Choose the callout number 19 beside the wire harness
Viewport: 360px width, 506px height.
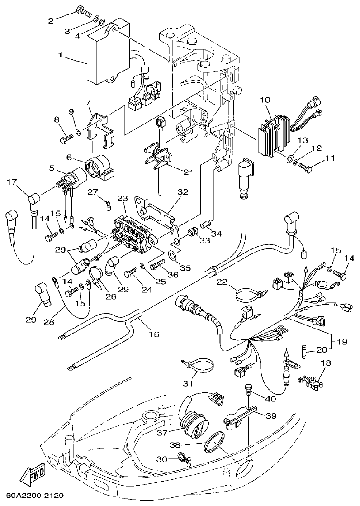tap(342, 342)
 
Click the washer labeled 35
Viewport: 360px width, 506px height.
tap(173, 257)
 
